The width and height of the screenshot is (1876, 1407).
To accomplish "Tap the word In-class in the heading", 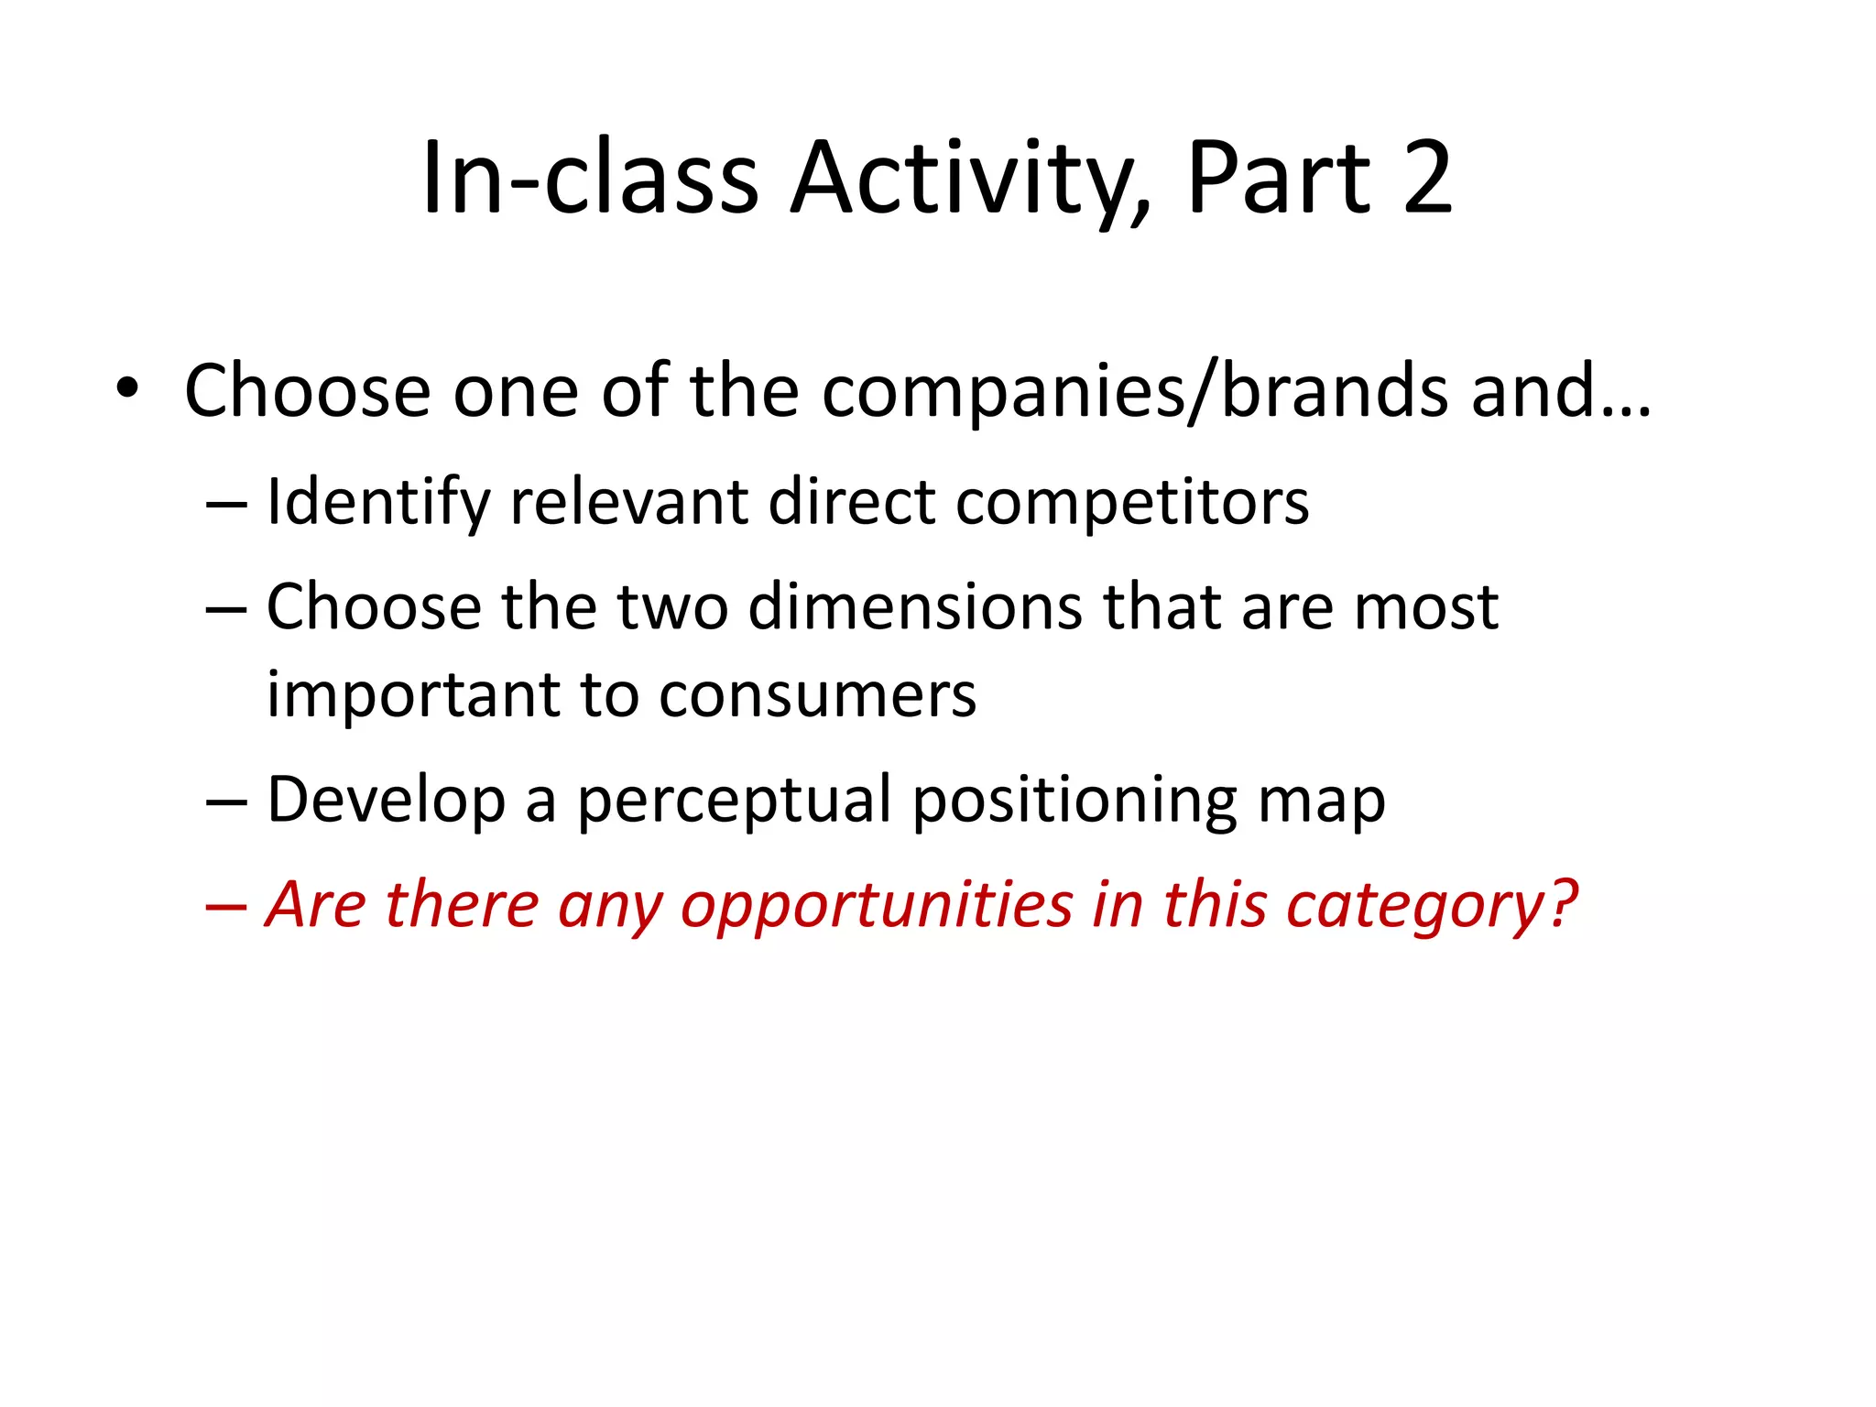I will [x=590, y=178].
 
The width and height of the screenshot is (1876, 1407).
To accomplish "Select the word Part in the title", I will [x=1279, y=178].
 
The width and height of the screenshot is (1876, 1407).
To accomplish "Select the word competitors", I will [x=1132, y=504].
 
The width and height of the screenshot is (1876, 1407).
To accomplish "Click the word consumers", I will [x=817, y=695].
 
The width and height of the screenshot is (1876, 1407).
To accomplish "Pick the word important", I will [x=413, y=695].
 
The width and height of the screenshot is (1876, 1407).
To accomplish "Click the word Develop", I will [x=386, y=801].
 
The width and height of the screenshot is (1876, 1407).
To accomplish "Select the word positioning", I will [x=1074, y=801].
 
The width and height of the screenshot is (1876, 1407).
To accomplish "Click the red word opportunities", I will [x=877, y=906].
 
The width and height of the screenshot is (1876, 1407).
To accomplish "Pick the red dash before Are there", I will [x=226, y=906].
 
